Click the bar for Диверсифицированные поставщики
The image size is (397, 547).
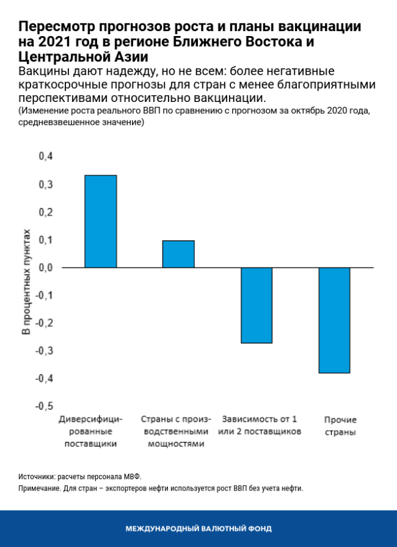click(100, 221)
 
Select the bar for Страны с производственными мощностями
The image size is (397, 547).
click(178, 254)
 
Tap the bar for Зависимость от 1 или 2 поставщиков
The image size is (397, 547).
click(256, 305)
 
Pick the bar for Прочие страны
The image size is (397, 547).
click(334, 320)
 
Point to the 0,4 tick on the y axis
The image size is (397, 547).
click(46, 157)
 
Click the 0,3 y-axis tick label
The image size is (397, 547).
click(46, 185)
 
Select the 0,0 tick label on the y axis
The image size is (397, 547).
click(46, 268)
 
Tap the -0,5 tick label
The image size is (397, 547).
click(45, 406)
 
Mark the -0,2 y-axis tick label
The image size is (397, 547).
click(45, 323)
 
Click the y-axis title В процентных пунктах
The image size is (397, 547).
click(26, 281)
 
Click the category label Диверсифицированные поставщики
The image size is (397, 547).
click(91, 431)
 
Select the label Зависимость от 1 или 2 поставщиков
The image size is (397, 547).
click(259, 425)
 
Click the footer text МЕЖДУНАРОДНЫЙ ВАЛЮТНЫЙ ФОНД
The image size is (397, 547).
click(198, 529)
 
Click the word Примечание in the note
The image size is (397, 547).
click(40, 489)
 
